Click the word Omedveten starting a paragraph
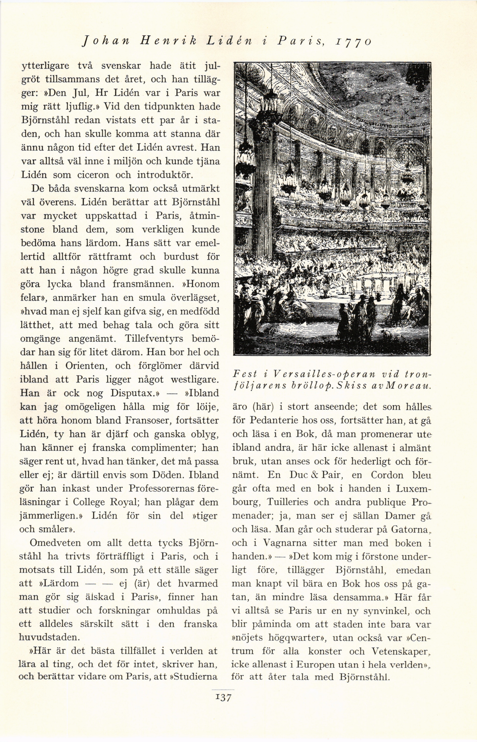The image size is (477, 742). pos(55,543)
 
